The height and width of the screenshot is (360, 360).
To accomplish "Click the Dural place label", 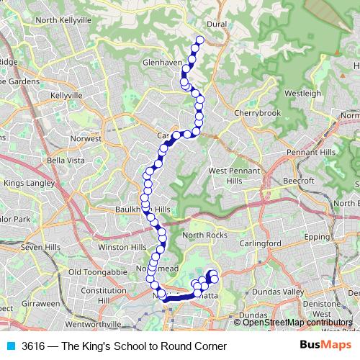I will point(217,23).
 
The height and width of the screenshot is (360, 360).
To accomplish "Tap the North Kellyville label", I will point(66,21).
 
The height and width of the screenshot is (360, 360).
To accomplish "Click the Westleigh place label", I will point(302,94).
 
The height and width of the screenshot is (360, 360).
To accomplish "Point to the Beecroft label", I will point(299,180).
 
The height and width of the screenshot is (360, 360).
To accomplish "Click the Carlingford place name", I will point(261,243).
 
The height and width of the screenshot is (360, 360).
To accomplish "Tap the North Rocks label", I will point(204,235).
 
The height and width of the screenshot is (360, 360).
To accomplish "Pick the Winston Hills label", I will point(122,247).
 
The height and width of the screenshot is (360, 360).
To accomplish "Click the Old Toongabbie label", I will point(96,271).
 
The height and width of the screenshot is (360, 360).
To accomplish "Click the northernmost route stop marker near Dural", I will point(200,40).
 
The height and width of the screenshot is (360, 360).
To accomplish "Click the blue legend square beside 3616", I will point(8,346).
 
